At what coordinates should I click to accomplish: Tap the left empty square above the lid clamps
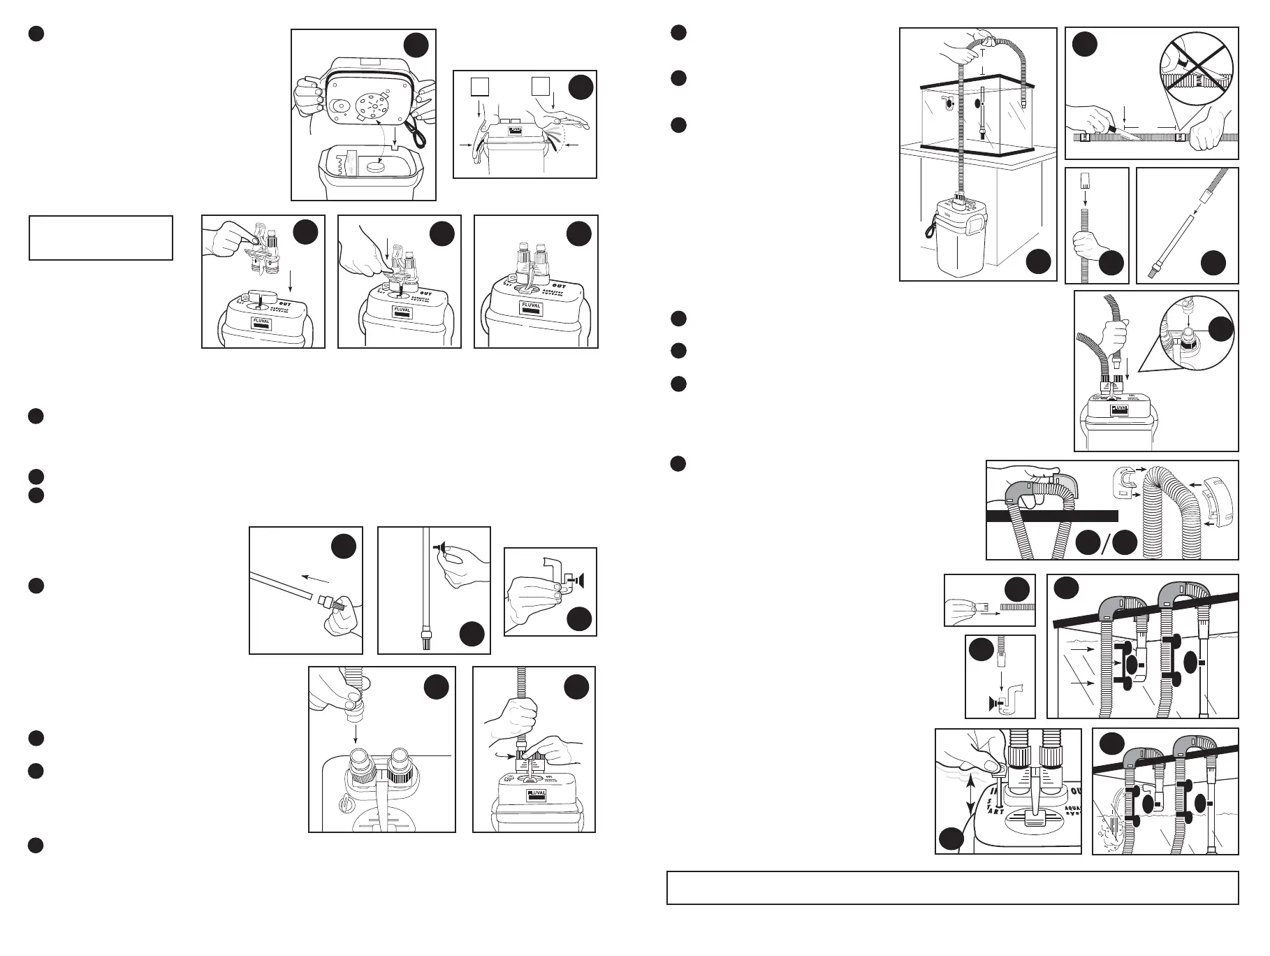[x=478, y=86]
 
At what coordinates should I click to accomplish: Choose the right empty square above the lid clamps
[x=539, y=86]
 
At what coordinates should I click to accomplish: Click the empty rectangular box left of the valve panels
[x=101, y=238]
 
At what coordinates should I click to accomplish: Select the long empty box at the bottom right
[x=952, y=888]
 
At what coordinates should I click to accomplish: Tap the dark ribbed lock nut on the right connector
[x=400, y=767]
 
